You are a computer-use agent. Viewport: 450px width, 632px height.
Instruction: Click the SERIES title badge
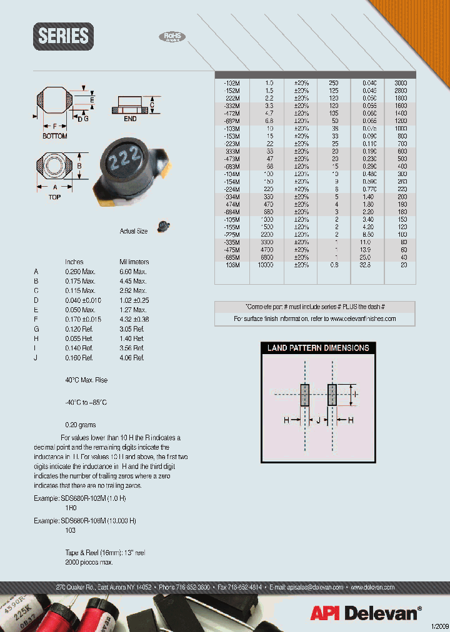(64, 36)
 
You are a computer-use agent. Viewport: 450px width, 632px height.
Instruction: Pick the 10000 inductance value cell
(269, 265)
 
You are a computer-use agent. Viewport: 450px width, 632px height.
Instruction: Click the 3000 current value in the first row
(400, 82)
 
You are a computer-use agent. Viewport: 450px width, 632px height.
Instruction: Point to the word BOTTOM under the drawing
(55, 136)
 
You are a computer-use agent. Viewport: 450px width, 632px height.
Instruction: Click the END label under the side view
(130, 119)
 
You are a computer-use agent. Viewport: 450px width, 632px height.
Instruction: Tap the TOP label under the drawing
(55, 195)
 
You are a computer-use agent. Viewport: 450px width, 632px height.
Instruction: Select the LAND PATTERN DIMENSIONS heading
(318, 348)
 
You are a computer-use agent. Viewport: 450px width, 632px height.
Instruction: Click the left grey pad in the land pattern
(305, 395)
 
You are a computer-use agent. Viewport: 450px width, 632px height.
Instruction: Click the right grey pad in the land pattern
(332, 395)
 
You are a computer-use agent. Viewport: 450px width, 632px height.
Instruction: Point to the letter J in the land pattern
(318, 421)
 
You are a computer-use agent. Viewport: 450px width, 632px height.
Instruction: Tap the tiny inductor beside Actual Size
(164, 226)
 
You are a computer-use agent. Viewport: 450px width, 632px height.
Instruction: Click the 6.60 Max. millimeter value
(133, 272)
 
